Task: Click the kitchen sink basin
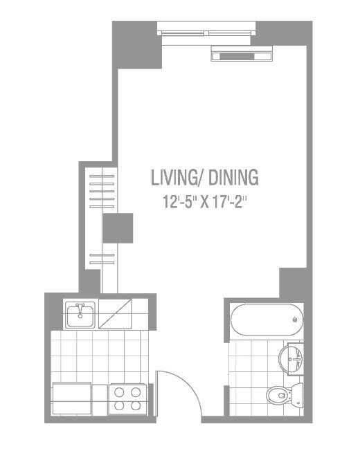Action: click(x=80, y=316)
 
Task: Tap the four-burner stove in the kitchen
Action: click(x=127, y=399)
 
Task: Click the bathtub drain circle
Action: click(x=295, y=320)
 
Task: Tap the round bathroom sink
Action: click(x=293, y=358)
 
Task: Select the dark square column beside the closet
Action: click(x=118, y=228)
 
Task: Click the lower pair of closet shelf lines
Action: click(x=102, y=260)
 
